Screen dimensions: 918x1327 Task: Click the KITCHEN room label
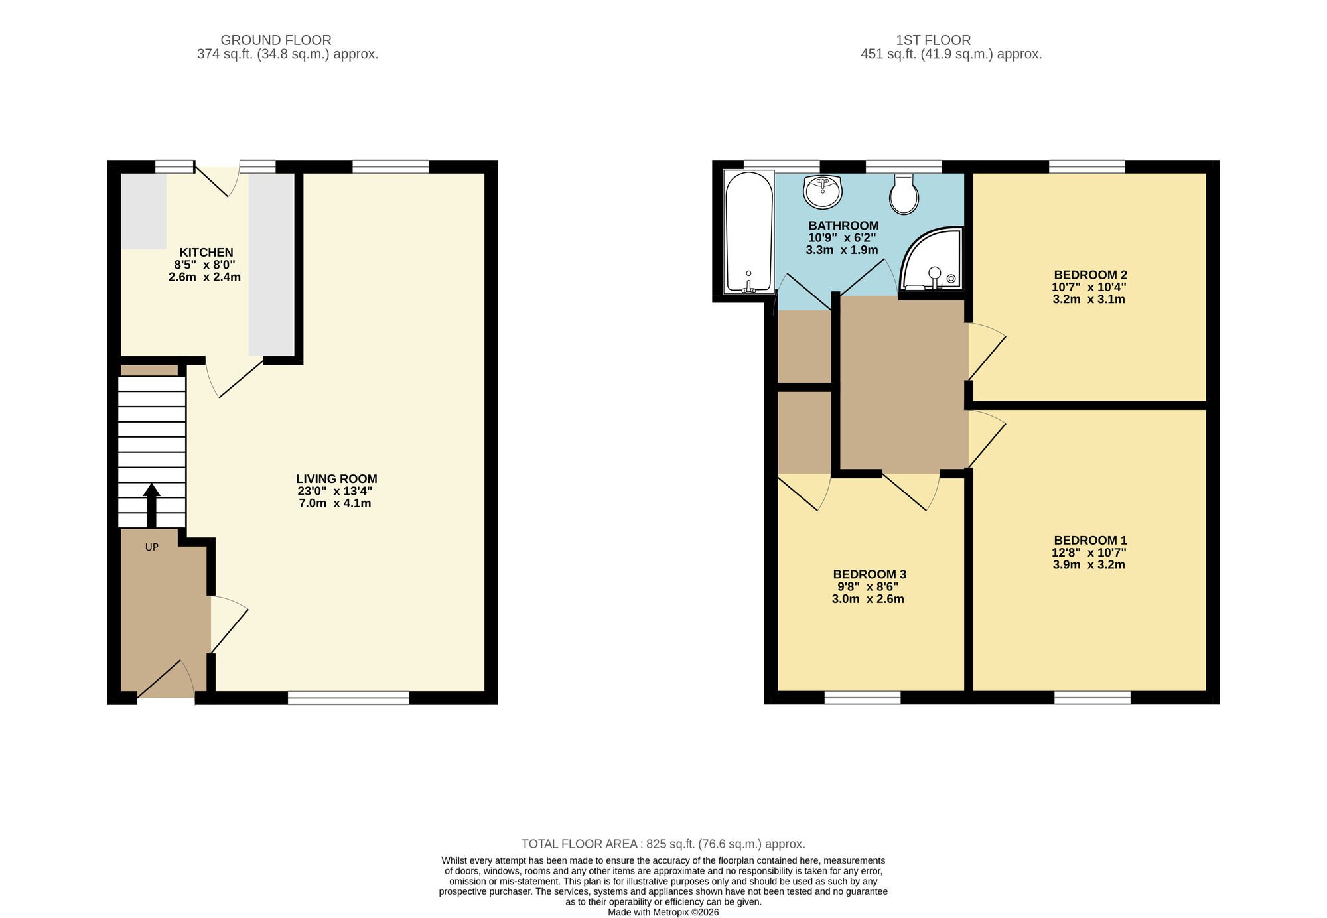206,253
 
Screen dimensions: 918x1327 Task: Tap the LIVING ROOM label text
336,479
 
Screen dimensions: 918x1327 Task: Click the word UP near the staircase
152,547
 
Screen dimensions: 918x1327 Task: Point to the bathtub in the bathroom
749,232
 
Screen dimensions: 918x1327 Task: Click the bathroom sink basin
823,191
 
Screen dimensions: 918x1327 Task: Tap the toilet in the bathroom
904,194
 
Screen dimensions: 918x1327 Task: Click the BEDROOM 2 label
1090,275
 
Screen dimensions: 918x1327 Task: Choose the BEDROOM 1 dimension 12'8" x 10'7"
1089,553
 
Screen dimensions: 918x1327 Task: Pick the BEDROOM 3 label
869,574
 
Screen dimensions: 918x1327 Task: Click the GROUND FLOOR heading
276,40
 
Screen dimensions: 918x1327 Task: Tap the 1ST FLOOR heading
933,40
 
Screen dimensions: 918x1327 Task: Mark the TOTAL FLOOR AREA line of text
663,844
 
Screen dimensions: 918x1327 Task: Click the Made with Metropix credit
663,912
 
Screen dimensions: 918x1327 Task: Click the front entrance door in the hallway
166,680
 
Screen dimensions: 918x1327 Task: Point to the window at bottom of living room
348,697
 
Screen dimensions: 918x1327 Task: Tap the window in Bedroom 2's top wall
1087,166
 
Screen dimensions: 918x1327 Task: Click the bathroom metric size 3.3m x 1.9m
842,250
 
